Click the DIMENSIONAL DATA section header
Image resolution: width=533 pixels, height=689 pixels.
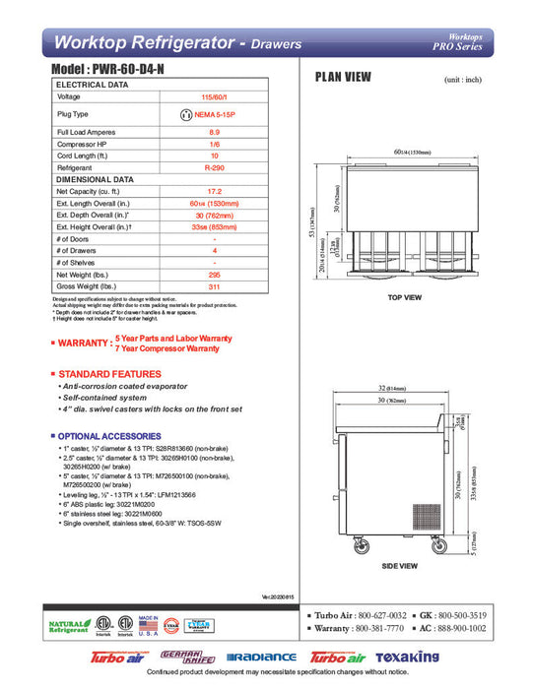95,180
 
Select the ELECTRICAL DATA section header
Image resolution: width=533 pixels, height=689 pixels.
93,85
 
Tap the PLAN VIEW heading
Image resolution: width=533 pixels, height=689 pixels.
342,77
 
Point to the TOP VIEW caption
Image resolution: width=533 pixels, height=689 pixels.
404,296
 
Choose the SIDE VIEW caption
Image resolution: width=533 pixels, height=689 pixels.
401,566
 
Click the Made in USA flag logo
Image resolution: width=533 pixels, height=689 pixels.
150,626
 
